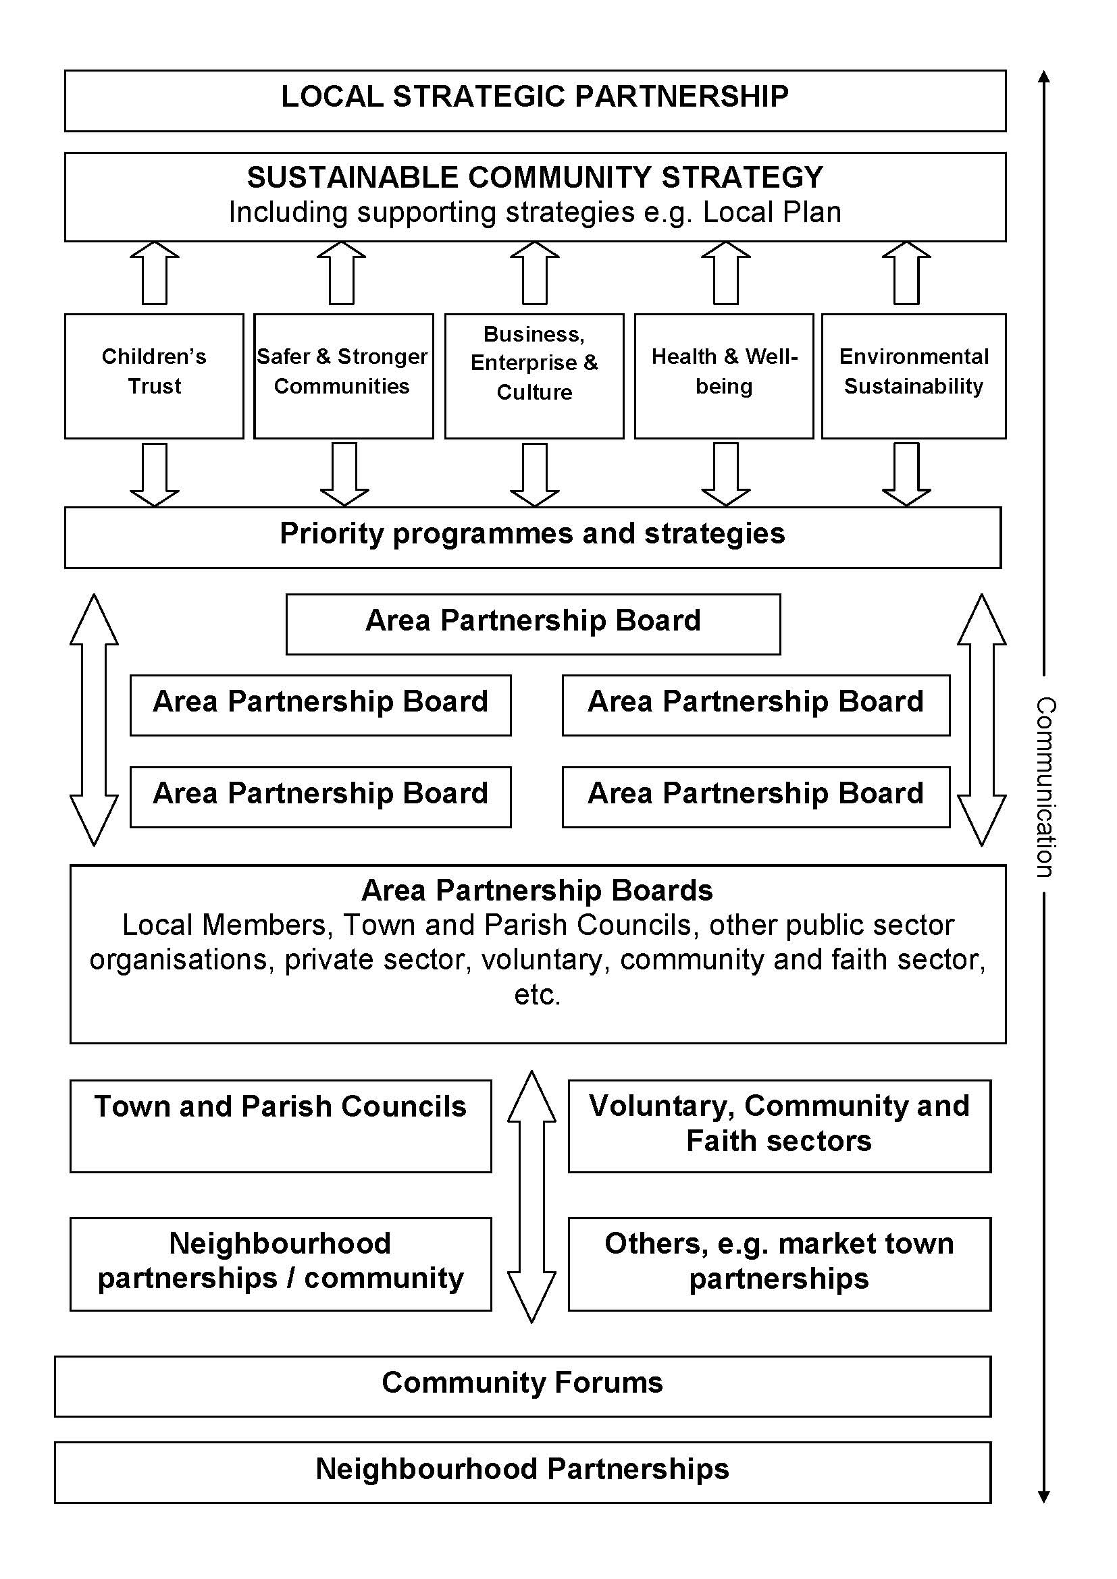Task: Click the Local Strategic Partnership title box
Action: pyautogui.click(x=534, y=101)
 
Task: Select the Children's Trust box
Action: pyautogui.click(x=154, y=375)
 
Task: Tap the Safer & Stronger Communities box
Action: pyautogui.click(x=342, y=375)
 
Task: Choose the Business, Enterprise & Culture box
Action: pyautogui.click(x=534, y=375)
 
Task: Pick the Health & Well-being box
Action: pyautogui.click(x=723, y=375)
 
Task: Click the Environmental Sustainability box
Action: pyautogui.click(x=914, y=375)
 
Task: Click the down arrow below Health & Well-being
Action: pyautogui.click(x=725, y=474)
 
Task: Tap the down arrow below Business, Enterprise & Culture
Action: pyautogui.click(x=534, y=474)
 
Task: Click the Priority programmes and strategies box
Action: pyautogui.click(x=532, y=537)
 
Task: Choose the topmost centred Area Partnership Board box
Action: pyautogui.click(x=533, y=624)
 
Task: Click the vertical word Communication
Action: pyautogui.click(x=1045, y=786)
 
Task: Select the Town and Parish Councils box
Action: pyautogui.click(x=281, y=1126)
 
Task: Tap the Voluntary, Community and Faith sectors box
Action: pyautogui.click(x=779, y=1126)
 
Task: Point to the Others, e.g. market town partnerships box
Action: pyautogui.click(x=779, y=1264)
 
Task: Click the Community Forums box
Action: pyautogui.click(x=522, y=1386)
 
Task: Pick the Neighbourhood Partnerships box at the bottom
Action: pyautogui.click(x=522, y=1472)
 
